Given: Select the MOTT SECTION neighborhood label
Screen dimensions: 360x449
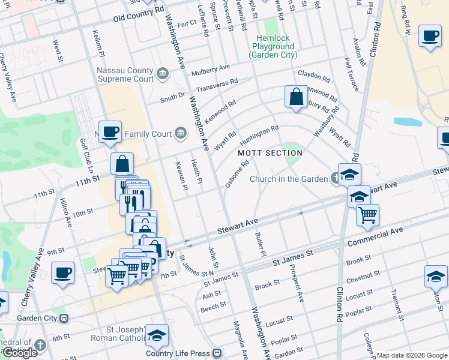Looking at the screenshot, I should [270, 153].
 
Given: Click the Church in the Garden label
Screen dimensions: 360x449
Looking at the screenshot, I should [289, 178].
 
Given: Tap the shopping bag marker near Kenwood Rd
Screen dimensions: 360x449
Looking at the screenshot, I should [297, 97].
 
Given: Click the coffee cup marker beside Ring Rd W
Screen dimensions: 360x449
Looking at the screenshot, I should [429, 36].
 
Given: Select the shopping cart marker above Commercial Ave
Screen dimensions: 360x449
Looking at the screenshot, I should [367, 214].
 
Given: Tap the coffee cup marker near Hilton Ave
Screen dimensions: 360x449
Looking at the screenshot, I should [62, 273].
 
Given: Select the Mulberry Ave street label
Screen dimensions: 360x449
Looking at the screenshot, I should [211, 70].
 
